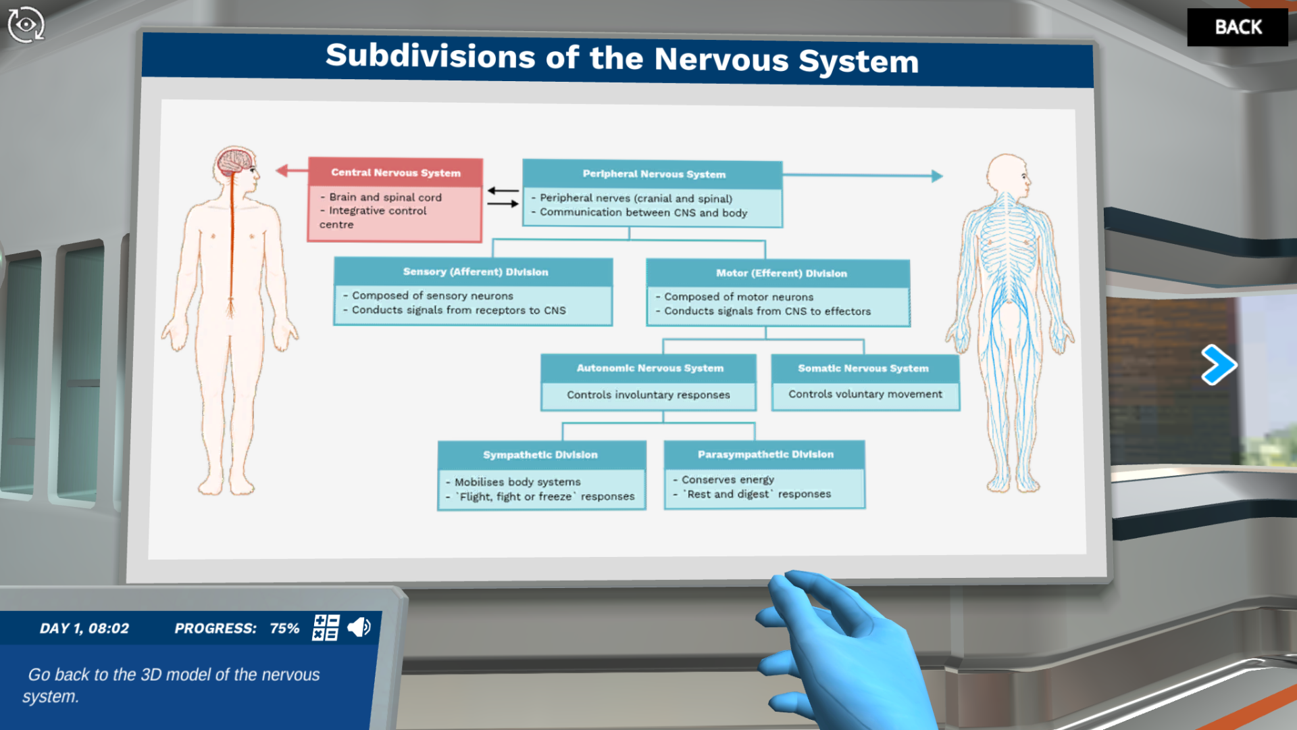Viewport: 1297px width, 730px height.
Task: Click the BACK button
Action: coord(1238,27)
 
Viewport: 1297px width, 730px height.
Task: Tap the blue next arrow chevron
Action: coord(1219,365)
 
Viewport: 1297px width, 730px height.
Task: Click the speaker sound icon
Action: coord(359,627)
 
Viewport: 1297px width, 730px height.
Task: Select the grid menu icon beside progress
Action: coord(326,627)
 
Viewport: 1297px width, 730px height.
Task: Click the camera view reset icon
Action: coord(26,25)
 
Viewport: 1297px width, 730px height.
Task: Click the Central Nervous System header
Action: coord(395,173)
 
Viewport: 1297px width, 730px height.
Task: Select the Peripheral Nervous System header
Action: coord(653,174)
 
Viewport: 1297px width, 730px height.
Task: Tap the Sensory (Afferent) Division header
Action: coord(475,272)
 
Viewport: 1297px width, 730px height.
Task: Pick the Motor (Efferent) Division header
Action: coord(781,273)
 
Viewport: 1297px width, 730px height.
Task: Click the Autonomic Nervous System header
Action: coord(649,368)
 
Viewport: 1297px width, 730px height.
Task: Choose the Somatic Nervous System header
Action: coord(863,368)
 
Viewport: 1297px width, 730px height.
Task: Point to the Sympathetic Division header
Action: coord(540,455)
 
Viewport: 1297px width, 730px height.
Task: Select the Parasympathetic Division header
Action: coord(765,454)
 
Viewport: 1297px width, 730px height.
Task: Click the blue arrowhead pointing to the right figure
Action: coord(936,176)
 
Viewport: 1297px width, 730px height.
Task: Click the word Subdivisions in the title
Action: coord(430,56)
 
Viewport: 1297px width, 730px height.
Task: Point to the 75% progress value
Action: coord(284,629)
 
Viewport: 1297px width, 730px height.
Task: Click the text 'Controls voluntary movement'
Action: coord(865,394)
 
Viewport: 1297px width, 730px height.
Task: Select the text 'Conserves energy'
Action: coord(728,480)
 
